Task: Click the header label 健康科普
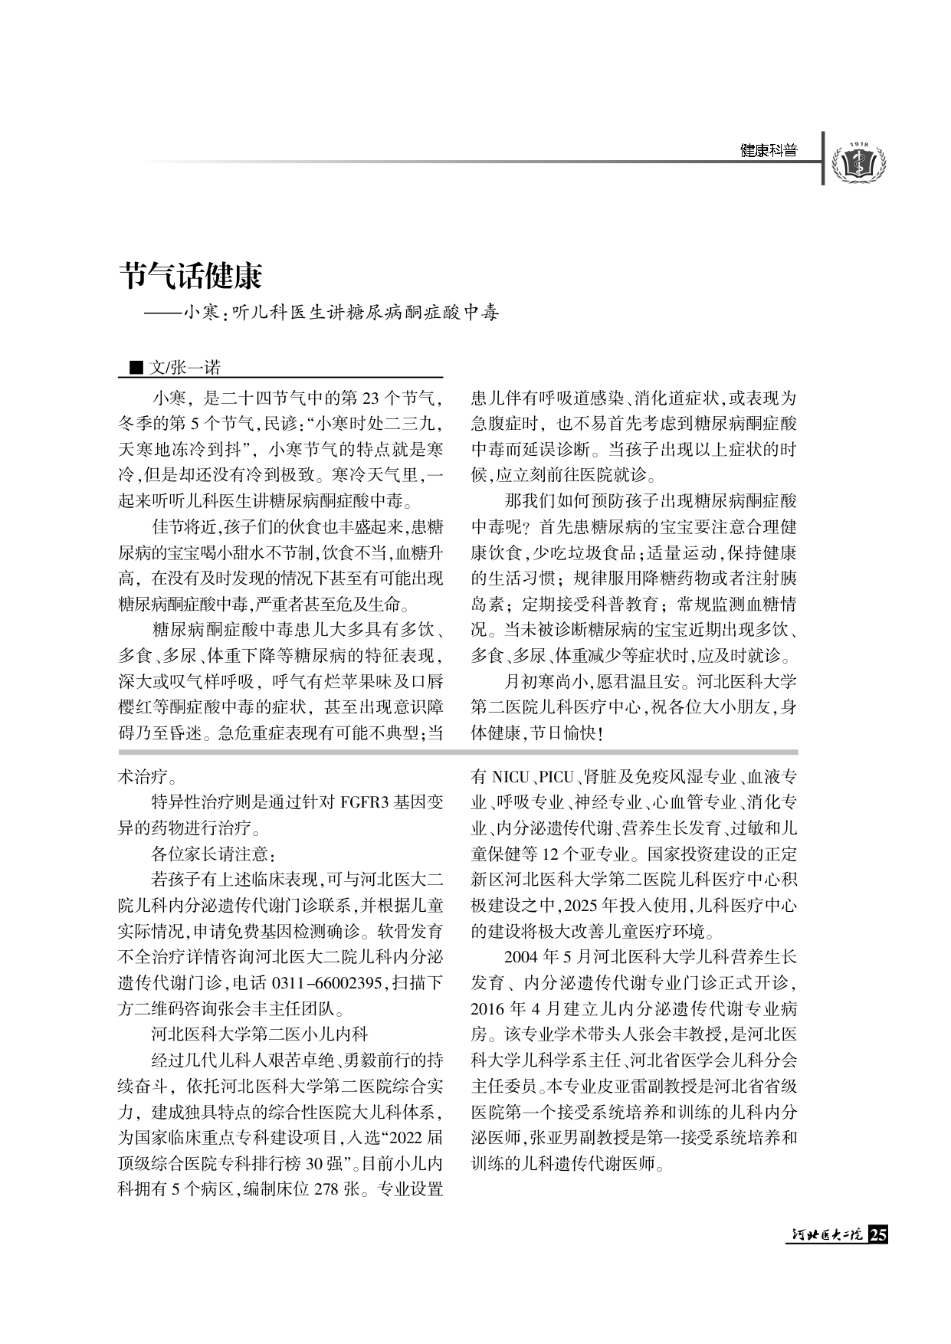pyautogui.click(x=769, y=151)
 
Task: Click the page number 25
pyautogui.click(x=878, y=1235)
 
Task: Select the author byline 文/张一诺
pyautogui.click(x=185, y=368)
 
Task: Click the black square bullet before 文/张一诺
pyautogui.click(x=136, y=369)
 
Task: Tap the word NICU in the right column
pyautogui.click(x=510, y=777)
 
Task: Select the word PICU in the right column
pyautogui.click(x=556, y=777)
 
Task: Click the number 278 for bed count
pyautogui.click(x=328, y=1190)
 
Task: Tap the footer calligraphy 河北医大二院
pyautogui.click(x=827, y=1235)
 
